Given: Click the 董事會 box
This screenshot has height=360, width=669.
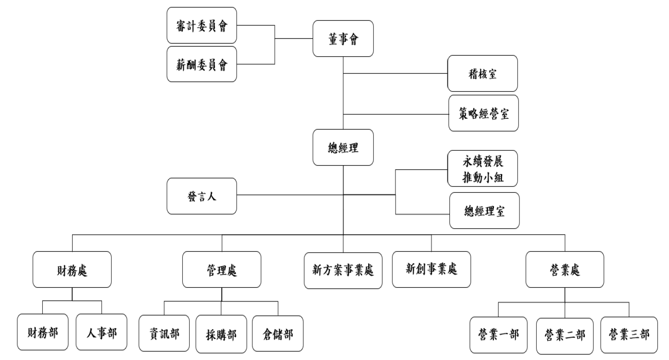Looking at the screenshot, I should tap(343, 38).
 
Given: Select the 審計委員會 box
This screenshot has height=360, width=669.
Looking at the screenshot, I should tap(201, 25).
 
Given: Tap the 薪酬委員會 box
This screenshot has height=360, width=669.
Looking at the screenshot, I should tap(201, 64).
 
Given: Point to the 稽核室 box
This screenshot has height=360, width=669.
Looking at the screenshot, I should tap(482, 73).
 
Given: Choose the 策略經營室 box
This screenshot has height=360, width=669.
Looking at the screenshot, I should tap(483, 113).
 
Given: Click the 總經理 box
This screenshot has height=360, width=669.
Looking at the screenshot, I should tap(343, 147).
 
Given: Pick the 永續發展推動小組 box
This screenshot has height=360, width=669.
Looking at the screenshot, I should tap(482, 169).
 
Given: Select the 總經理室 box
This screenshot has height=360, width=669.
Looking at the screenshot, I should tap(484, 211).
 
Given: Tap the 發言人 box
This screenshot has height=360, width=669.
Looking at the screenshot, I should tap(201, 196).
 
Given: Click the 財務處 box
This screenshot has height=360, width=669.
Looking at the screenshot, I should tap(72, 270).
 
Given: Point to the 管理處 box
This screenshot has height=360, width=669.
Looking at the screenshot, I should tap(222, 270).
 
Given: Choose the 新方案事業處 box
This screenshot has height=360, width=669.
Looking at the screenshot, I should tap(343, 271).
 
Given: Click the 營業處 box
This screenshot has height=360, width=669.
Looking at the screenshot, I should tap(564, 270).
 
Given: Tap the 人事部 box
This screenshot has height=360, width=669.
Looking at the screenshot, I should tap(102, 332).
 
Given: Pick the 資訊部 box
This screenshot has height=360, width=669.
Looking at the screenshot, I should tap(164, 333).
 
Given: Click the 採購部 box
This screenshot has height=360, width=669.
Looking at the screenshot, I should tap(221, 334).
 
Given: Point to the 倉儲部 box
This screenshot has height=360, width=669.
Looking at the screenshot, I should tap(278, 334).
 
